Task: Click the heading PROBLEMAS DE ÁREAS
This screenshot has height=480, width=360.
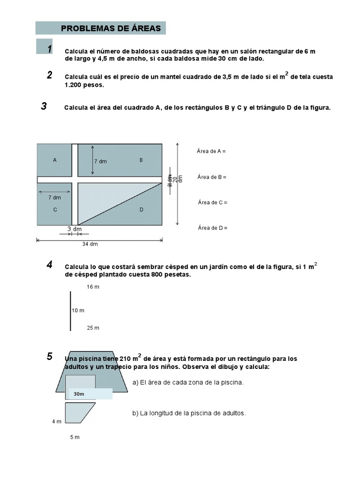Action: tap(111, 29)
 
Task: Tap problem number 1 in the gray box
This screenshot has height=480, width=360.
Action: tap(49, 49)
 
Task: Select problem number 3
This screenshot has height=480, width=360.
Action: tap(44, 106)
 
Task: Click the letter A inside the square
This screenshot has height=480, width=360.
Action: tap(55, 160)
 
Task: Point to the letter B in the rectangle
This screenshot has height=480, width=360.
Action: tap(141, 160)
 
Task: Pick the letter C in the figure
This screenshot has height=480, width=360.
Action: tap(55, 210)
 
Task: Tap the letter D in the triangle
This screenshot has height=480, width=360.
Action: tap(141, 210)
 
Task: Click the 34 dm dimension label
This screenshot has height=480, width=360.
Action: tap(90, 244)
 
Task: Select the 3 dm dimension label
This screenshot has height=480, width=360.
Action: tap(75, 229)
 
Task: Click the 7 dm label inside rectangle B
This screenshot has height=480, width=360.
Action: tap(100, 162)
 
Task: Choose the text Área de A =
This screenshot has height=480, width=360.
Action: tap(211, 151)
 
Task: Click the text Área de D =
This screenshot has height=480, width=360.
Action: tap(212, 228)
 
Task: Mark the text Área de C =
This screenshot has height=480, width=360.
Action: tap(212, 202)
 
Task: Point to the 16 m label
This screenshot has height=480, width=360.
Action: tap(93, 287)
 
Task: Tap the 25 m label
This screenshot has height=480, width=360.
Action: tap(93, 328)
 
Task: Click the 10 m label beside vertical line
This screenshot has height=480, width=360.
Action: tap(78, 310)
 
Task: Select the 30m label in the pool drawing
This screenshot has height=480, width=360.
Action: tap(79, 394)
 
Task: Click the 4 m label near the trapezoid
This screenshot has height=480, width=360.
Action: tap(57, 422)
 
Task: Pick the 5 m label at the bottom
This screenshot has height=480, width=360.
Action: tap(75, 437)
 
